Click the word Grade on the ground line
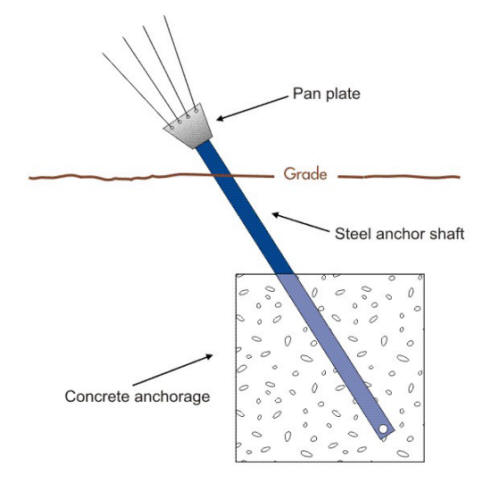pos(304,175)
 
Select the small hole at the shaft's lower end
pos(384,431)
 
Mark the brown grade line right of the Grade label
pos(400,177)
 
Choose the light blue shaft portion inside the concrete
pos(330,350)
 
